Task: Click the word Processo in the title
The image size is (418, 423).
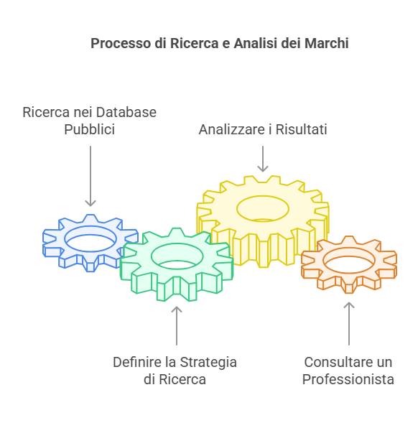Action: point(121,43)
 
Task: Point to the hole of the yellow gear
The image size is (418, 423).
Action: point(263,208)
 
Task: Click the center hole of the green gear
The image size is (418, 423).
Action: point(177,256)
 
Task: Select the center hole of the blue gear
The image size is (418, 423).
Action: point(90,239)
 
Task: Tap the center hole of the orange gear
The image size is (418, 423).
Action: point(349,260)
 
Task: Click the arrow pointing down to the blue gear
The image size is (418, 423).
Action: point(90,176)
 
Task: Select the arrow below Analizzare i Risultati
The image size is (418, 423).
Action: point(263,159)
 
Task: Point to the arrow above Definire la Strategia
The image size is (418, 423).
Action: point(177,325)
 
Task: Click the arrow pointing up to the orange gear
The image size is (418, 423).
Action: point(349,323)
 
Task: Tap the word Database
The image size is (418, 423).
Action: point(126,112)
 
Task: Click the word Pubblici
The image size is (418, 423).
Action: point(90,129)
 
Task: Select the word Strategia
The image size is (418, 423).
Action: point(208,362)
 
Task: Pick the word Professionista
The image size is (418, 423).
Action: point(348,380)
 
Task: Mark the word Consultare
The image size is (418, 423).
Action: point(334,362)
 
